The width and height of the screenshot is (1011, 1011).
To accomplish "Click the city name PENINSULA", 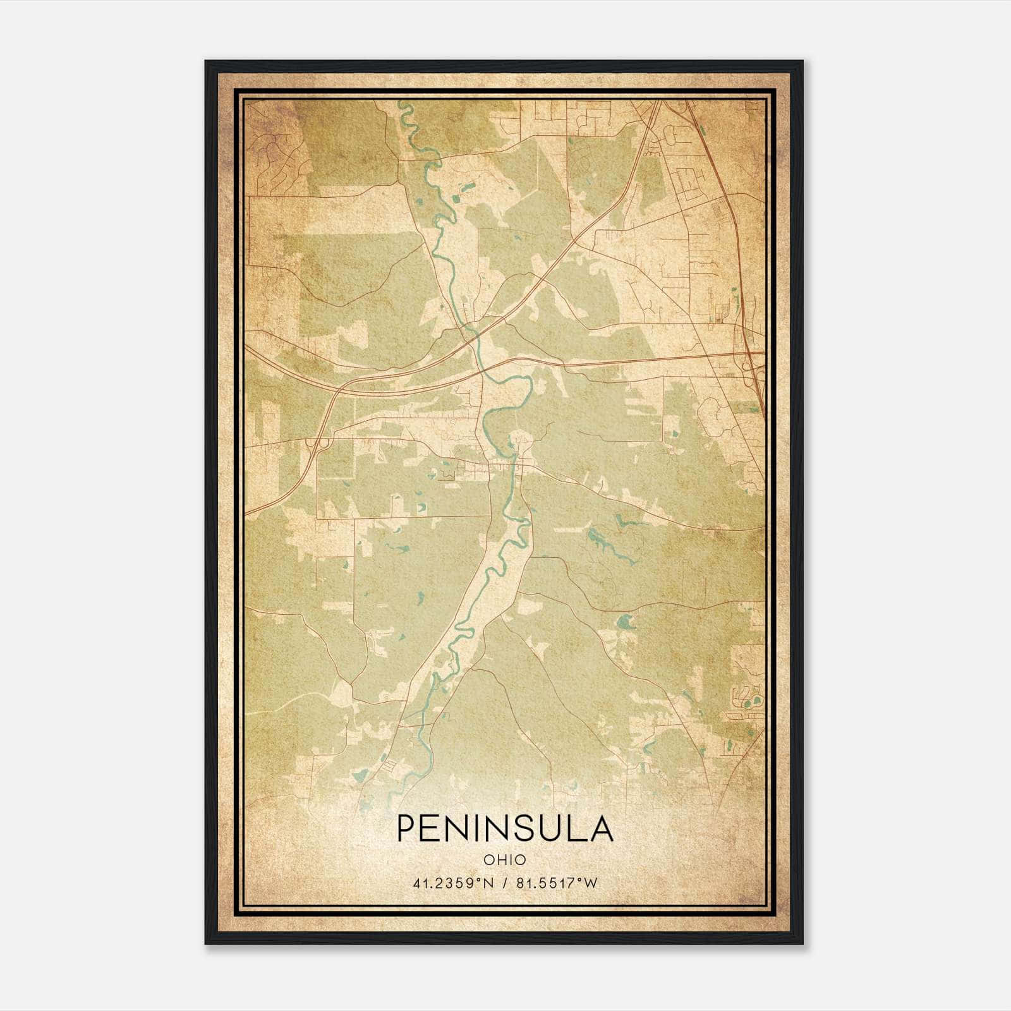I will (505, 829).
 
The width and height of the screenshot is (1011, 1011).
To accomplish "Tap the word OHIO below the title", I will (505, 859).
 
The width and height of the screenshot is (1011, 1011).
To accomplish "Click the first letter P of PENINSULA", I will (406, 829).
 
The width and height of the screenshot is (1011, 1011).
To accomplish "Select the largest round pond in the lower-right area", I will (626, 622).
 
